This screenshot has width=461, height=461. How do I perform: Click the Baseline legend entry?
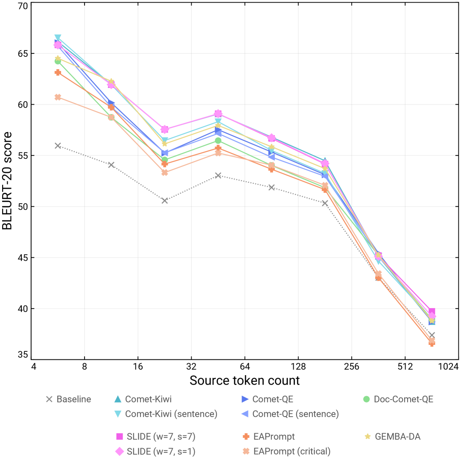pos(68,400)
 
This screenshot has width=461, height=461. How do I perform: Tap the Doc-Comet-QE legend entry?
pos(398,400)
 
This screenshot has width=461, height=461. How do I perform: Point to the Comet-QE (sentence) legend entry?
pos(290,414)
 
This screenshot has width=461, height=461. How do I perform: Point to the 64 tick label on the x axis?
pos(245,367)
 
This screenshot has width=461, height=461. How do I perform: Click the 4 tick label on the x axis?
pos(33,367)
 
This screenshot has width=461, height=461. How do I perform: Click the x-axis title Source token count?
pos(245,380)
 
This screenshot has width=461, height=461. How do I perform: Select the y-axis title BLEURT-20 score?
pos(8,181)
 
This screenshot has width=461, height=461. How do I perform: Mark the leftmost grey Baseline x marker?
pos(58,146)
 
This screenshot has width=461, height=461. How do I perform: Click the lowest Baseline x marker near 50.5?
pos(165,201)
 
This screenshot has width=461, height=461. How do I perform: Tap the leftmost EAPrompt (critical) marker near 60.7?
pos(58,97)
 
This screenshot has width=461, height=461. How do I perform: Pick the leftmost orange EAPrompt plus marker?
pos(58,73)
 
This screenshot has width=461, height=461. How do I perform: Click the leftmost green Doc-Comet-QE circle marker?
pos(58,61)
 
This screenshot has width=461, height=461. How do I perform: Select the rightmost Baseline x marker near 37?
pos(432,336)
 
